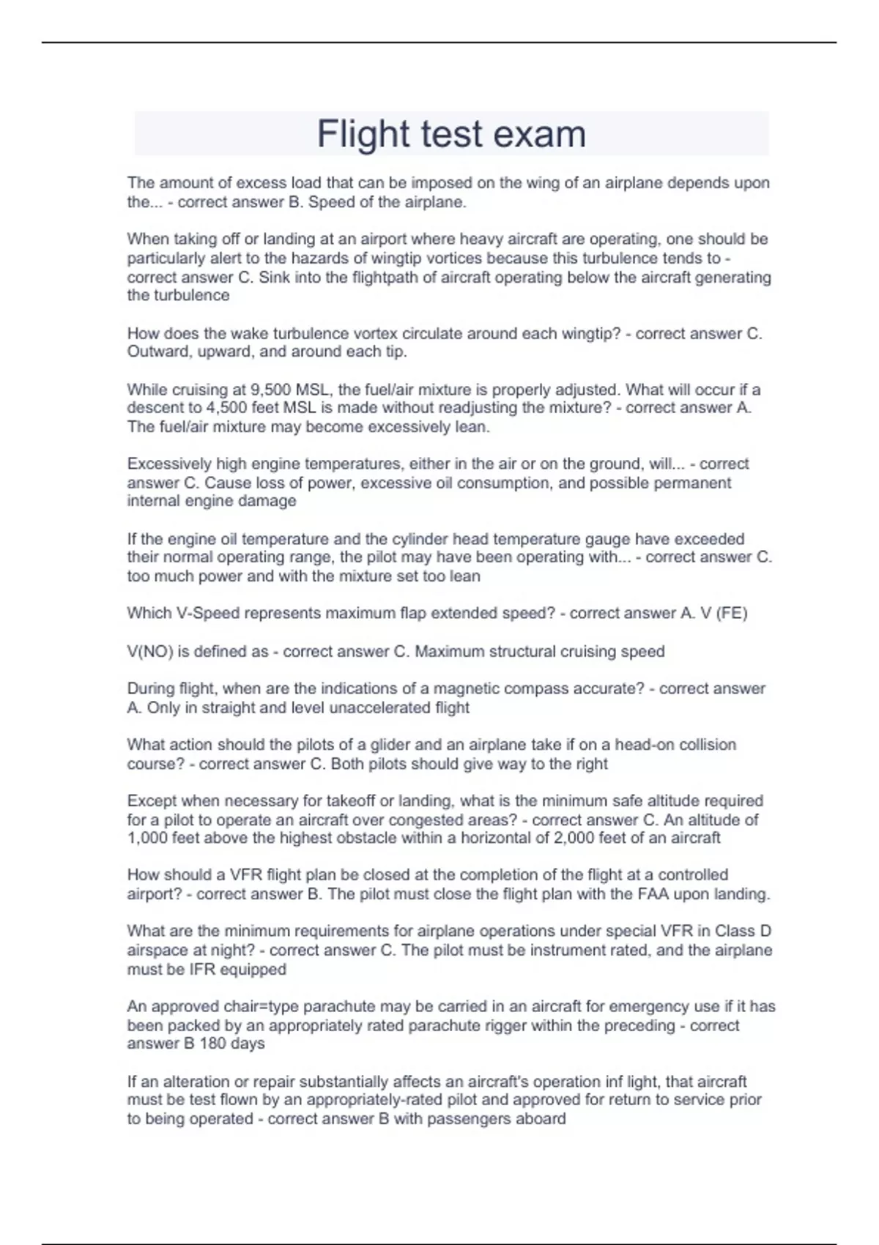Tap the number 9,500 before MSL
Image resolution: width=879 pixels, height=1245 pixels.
click(x=270, y=390)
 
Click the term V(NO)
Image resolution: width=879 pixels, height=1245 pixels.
click(x=150, y=652)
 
